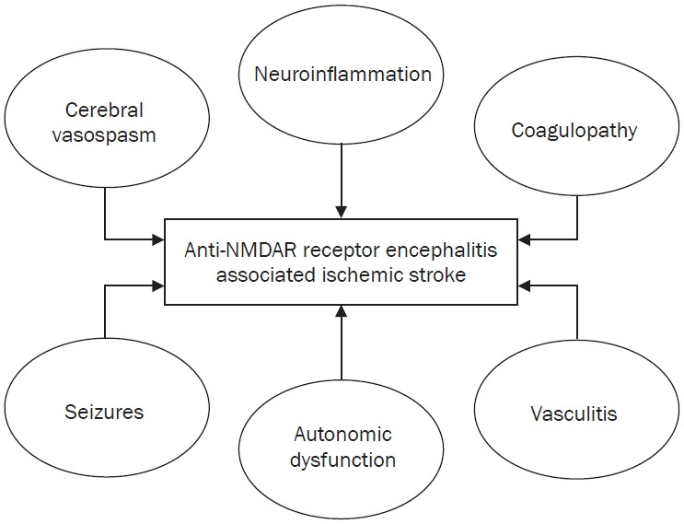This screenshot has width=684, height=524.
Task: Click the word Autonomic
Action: (342, 434)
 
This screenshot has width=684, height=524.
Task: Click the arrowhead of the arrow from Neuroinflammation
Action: (342, 213)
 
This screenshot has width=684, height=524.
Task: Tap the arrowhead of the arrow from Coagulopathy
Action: (526, 242)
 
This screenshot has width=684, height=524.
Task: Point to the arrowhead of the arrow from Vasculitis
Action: (526, 285)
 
